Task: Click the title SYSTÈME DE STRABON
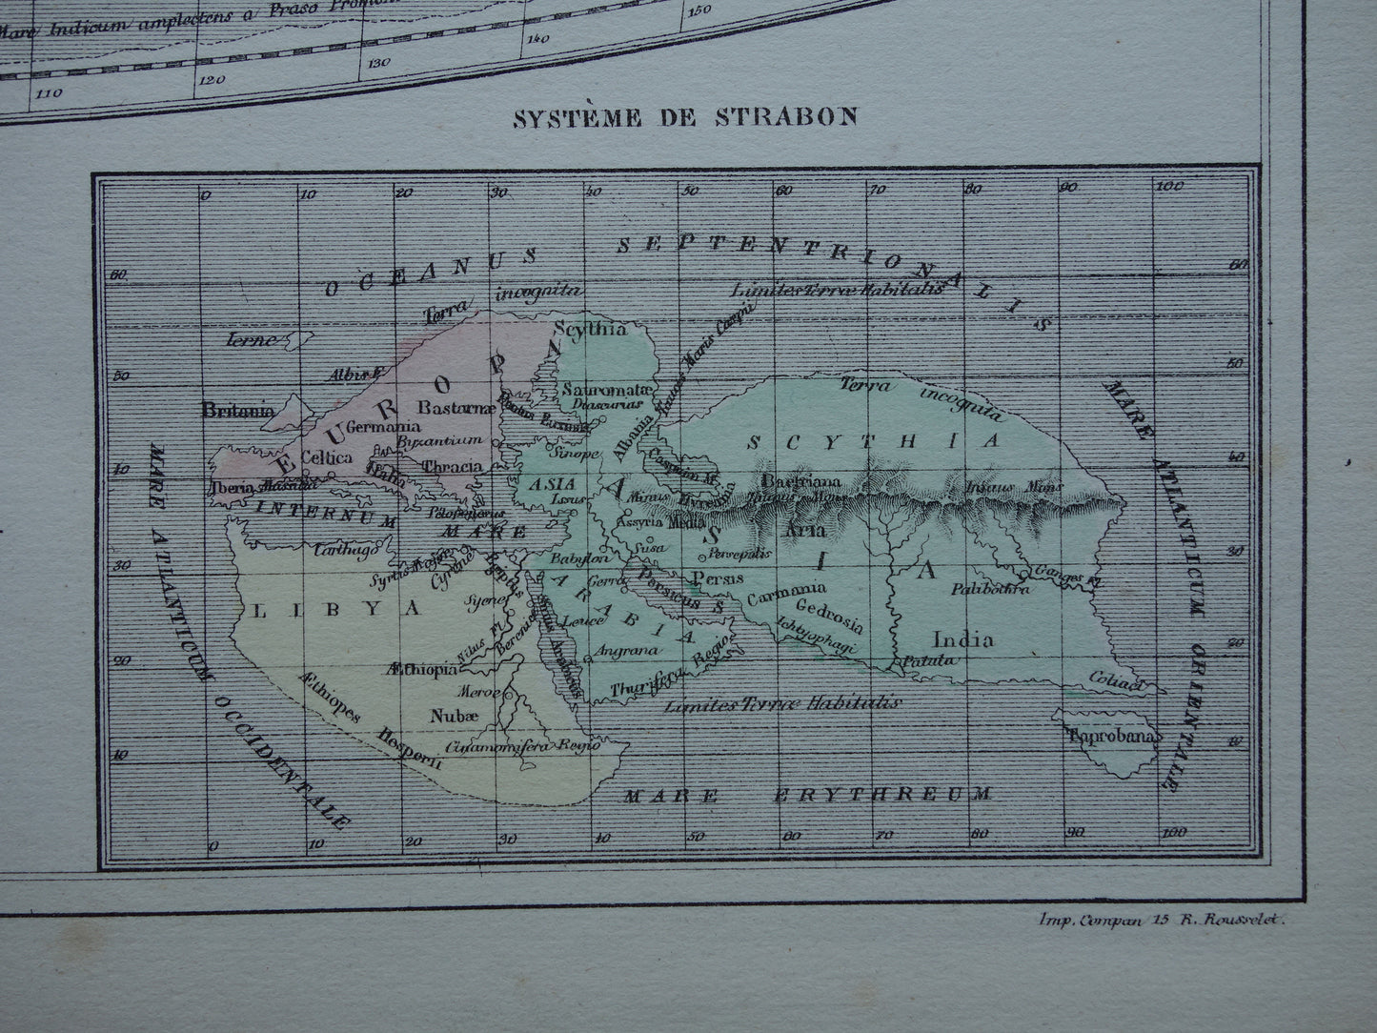click(x=685, y=117)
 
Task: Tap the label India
click(x=963, y=638)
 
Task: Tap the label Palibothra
click(x=990, y=589)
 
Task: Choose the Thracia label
click(x=452, y=467)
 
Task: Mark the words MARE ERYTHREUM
click(x=805, y=793)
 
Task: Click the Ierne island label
click(x=251, y=338)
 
